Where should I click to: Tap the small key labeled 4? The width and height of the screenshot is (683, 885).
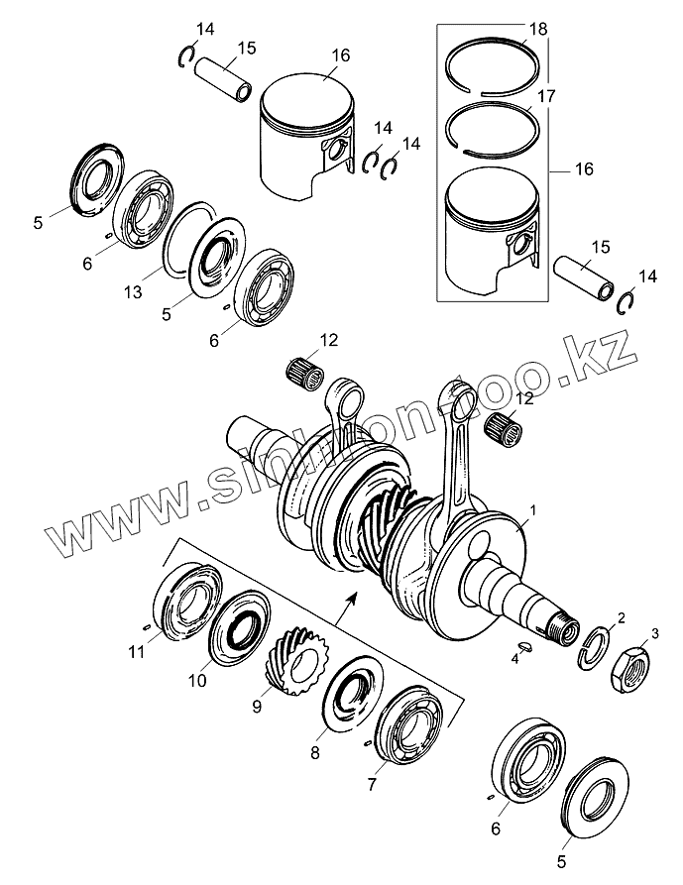coord(524,648)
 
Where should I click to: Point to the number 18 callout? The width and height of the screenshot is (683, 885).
coord(538,31)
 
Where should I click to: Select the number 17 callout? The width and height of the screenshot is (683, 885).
coord(544,97)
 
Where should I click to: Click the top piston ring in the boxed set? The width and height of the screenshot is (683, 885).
coord(494,67)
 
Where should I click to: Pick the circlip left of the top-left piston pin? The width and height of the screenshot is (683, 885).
coord(184,56)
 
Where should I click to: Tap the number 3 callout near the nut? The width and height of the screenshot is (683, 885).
coord(654,633)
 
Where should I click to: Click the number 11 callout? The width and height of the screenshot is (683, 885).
coord(135,650)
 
